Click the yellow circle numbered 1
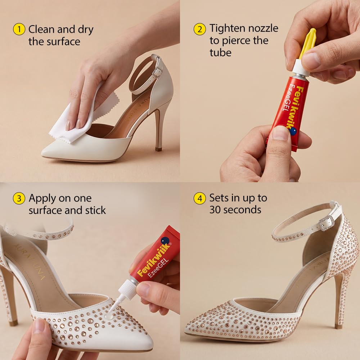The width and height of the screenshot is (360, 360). point(19,29)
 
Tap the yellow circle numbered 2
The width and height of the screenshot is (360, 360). point(200,29)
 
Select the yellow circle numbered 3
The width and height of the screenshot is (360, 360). point(19,198)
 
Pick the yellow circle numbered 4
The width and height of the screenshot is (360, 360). point(200,198)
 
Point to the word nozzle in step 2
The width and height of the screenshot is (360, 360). point(264,28)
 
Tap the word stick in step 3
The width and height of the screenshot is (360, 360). point(95,210)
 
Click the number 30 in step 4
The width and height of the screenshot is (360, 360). point(216,210)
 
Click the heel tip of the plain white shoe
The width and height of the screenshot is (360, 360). point(158,149)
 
